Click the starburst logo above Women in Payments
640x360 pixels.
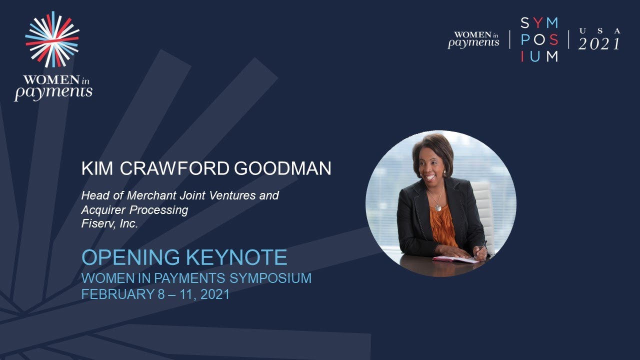pyautogui.click(x=52, y=39)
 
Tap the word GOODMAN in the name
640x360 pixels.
pyautogui.click(x=283, y=168)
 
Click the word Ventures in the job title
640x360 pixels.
pyautogui.click(x=231, y=195)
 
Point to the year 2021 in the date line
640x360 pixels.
pyautogui.click(x=215, y=294)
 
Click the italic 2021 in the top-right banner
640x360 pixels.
pyautogui.click(x=599, y=44)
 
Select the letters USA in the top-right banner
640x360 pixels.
pyautogui.click(x=599, y=31)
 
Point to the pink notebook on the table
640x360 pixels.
pyautogui.click(x=454, y=259)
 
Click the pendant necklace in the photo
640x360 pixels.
pyautogui.click(x=438, y=206)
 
